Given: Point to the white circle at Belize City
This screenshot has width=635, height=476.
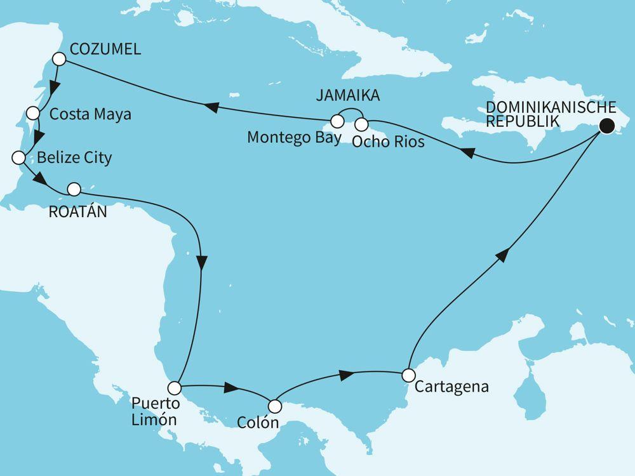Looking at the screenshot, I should (x=18, y=157).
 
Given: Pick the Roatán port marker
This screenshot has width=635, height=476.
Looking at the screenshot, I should (x=74, y=188).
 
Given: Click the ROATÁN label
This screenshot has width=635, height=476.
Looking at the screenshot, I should (x=77, y=212).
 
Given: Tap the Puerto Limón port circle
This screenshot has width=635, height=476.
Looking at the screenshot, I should (x=174, y=386).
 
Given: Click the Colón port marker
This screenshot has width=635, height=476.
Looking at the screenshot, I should (x=275, y=405).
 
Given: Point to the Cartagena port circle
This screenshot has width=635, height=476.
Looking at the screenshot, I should (x=408, y=374).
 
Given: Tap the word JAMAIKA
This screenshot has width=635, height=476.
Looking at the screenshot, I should (x=349, y=96).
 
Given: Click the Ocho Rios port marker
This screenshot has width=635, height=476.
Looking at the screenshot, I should (x=361, y=123).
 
